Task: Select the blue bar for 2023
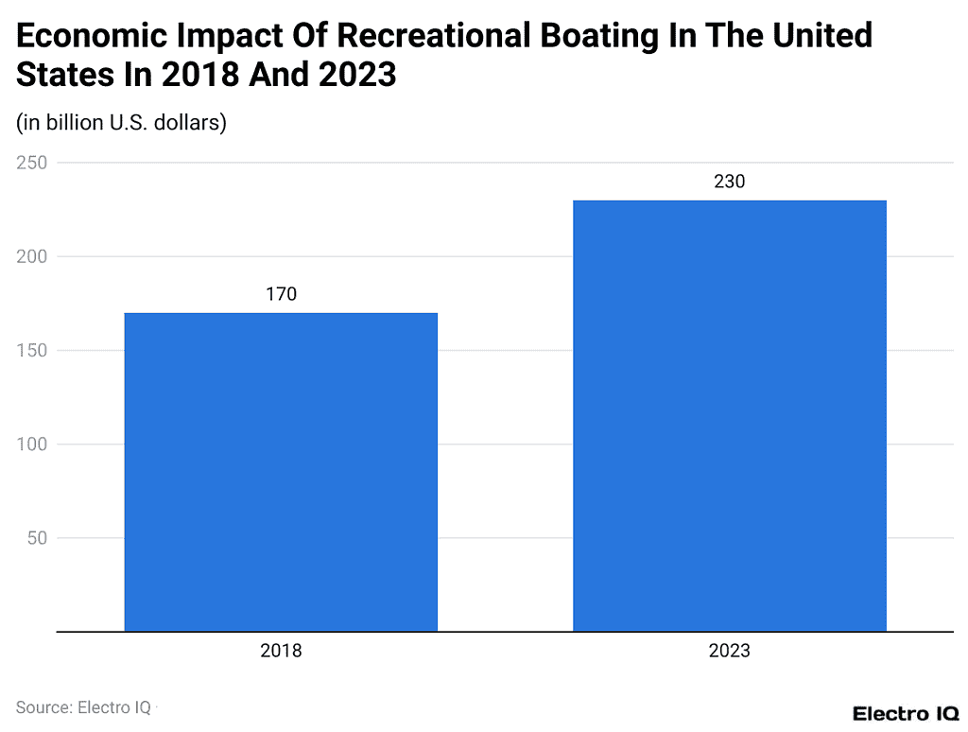(x=730, y=415)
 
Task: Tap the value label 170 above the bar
(x=281, y=294)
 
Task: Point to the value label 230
(x=730, y=182)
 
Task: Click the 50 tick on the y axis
(x=37, y=538)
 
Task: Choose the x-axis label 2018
(x=281, y=651)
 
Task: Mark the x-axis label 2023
(x=730, y=651)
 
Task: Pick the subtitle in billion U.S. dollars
(x=121, y=123)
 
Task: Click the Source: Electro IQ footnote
(x=83, y=706)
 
